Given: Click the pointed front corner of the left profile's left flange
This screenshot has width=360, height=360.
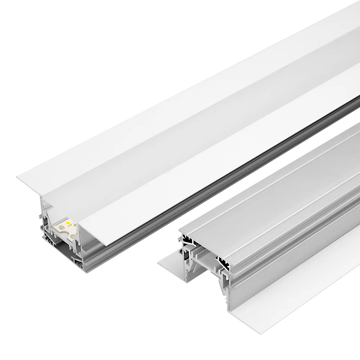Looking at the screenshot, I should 18,177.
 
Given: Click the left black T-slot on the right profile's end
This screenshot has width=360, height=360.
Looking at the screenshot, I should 187,239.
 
